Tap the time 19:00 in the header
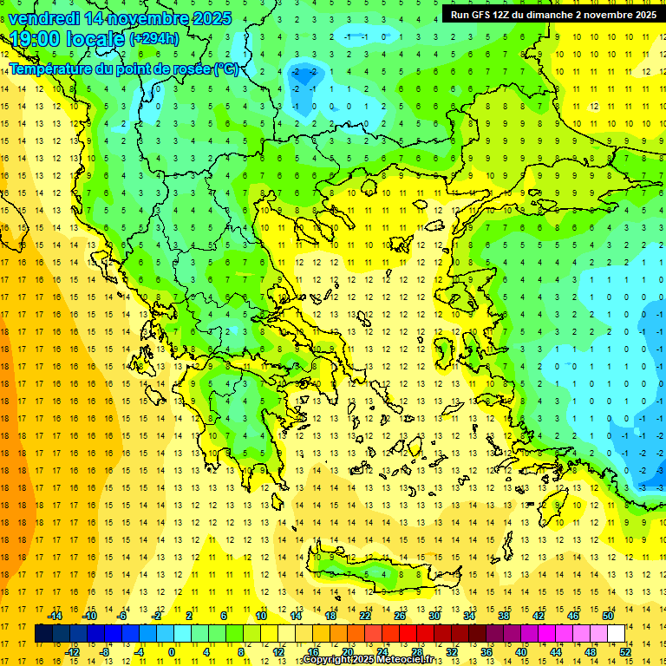[36, 39]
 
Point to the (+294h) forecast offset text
[154, 39]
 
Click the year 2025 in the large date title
[208, 17]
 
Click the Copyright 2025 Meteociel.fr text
[369, 660]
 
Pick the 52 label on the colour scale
[625, 651]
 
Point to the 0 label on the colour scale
[172, 651]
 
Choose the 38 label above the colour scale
[503, 616]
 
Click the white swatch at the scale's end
[616, 634]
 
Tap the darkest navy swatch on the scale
[43, 634]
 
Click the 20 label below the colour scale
[347, 651]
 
